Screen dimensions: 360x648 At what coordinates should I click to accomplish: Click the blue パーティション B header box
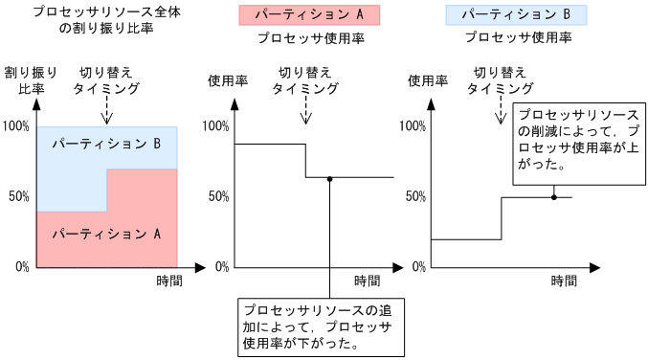(x=516, y=15)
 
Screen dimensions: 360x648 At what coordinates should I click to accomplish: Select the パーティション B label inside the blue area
(x=105, y=143)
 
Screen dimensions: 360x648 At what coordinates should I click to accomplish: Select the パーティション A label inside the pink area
(x=105, y=233)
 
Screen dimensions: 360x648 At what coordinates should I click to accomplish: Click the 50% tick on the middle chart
(x=216, y=196)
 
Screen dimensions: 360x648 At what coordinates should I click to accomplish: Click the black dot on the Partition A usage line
(x=329, y=178)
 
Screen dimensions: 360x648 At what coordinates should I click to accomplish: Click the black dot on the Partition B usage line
(x=553, y=197)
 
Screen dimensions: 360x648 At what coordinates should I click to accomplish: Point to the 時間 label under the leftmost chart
(x=168, y=281)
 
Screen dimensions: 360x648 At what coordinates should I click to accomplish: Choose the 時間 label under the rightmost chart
(x=564, y=281)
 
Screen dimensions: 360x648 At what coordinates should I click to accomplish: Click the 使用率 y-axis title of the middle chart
(x=228, y=80)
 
